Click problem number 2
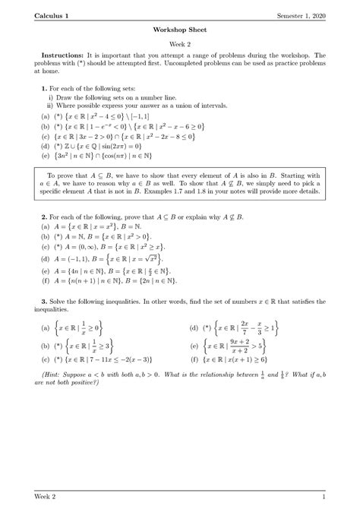click(x=44, y=217)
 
